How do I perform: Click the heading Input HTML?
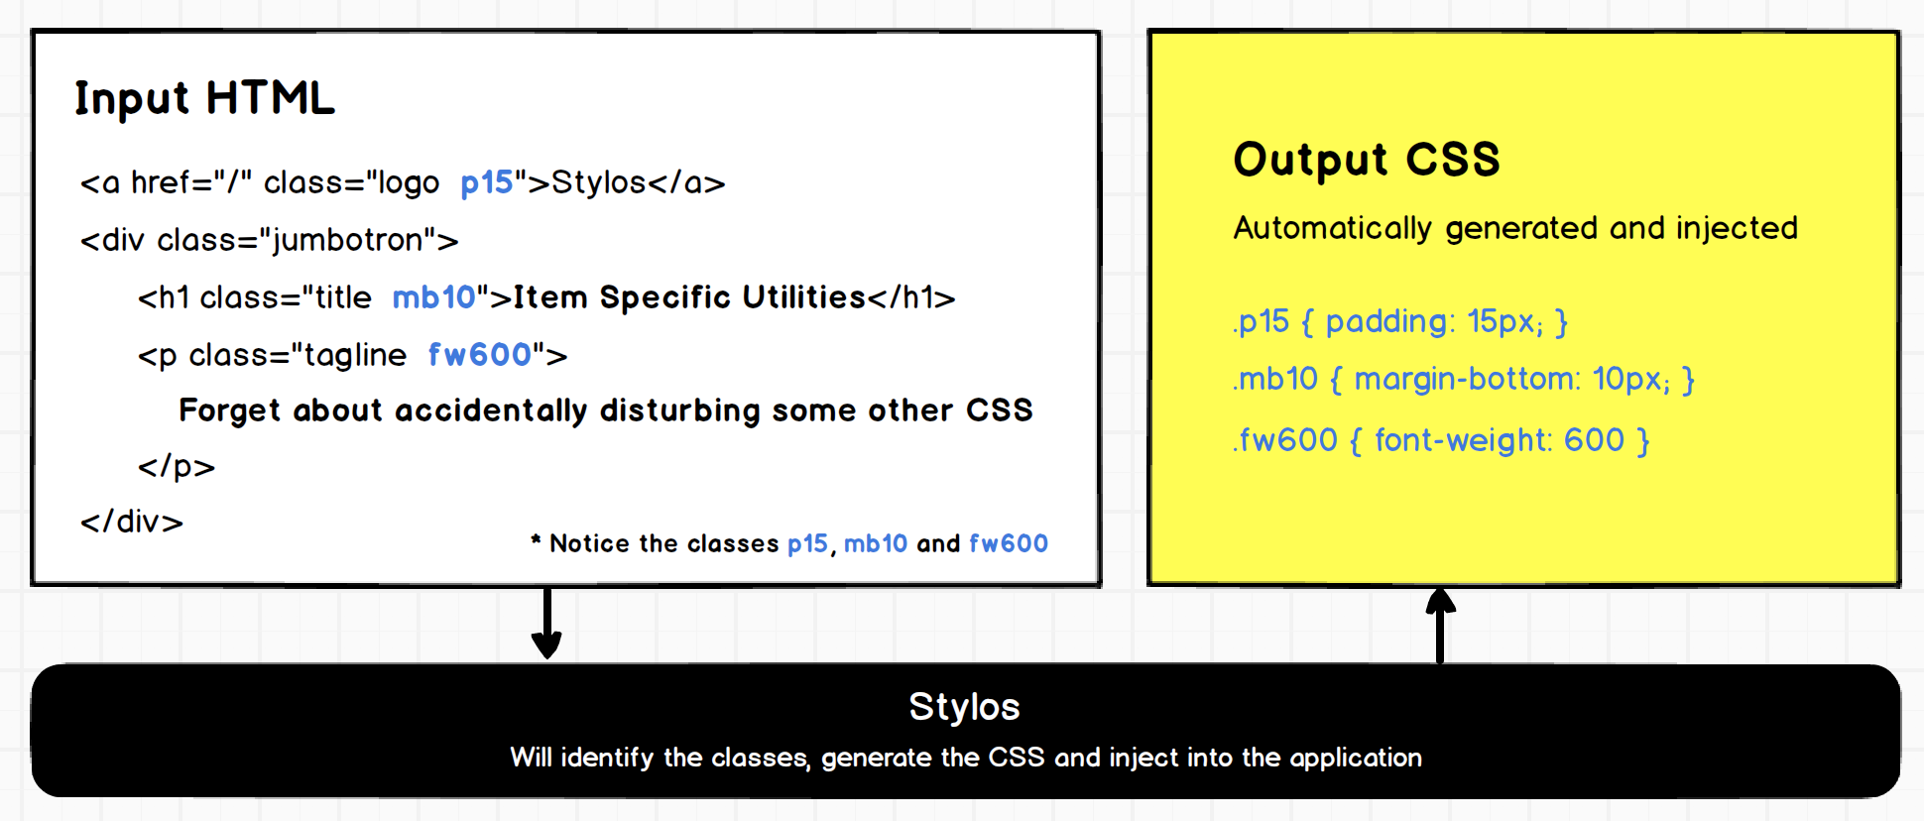205,99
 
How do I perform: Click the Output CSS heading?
1367,160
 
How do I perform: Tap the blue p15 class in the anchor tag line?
487,183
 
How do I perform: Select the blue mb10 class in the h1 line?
434,297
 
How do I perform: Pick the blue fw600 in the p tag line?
480,354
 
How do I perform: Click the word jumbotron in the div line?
347,241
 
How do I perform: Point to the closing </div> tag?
132,522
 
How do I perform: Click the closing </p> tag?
177,466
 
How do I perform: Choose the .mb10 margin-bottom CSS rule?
1464,379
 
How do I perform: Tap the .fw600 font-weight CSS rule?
1441,439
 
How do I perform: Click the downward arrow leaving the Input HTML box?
546,623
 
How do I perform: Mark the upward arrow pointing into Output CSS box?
1440,625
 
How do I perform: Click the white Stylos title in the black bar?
965,707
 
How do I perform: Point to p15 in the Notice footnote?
807,543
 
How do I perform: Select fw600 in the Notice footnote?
1009,543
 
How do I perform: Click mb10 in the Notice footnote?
876,543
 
